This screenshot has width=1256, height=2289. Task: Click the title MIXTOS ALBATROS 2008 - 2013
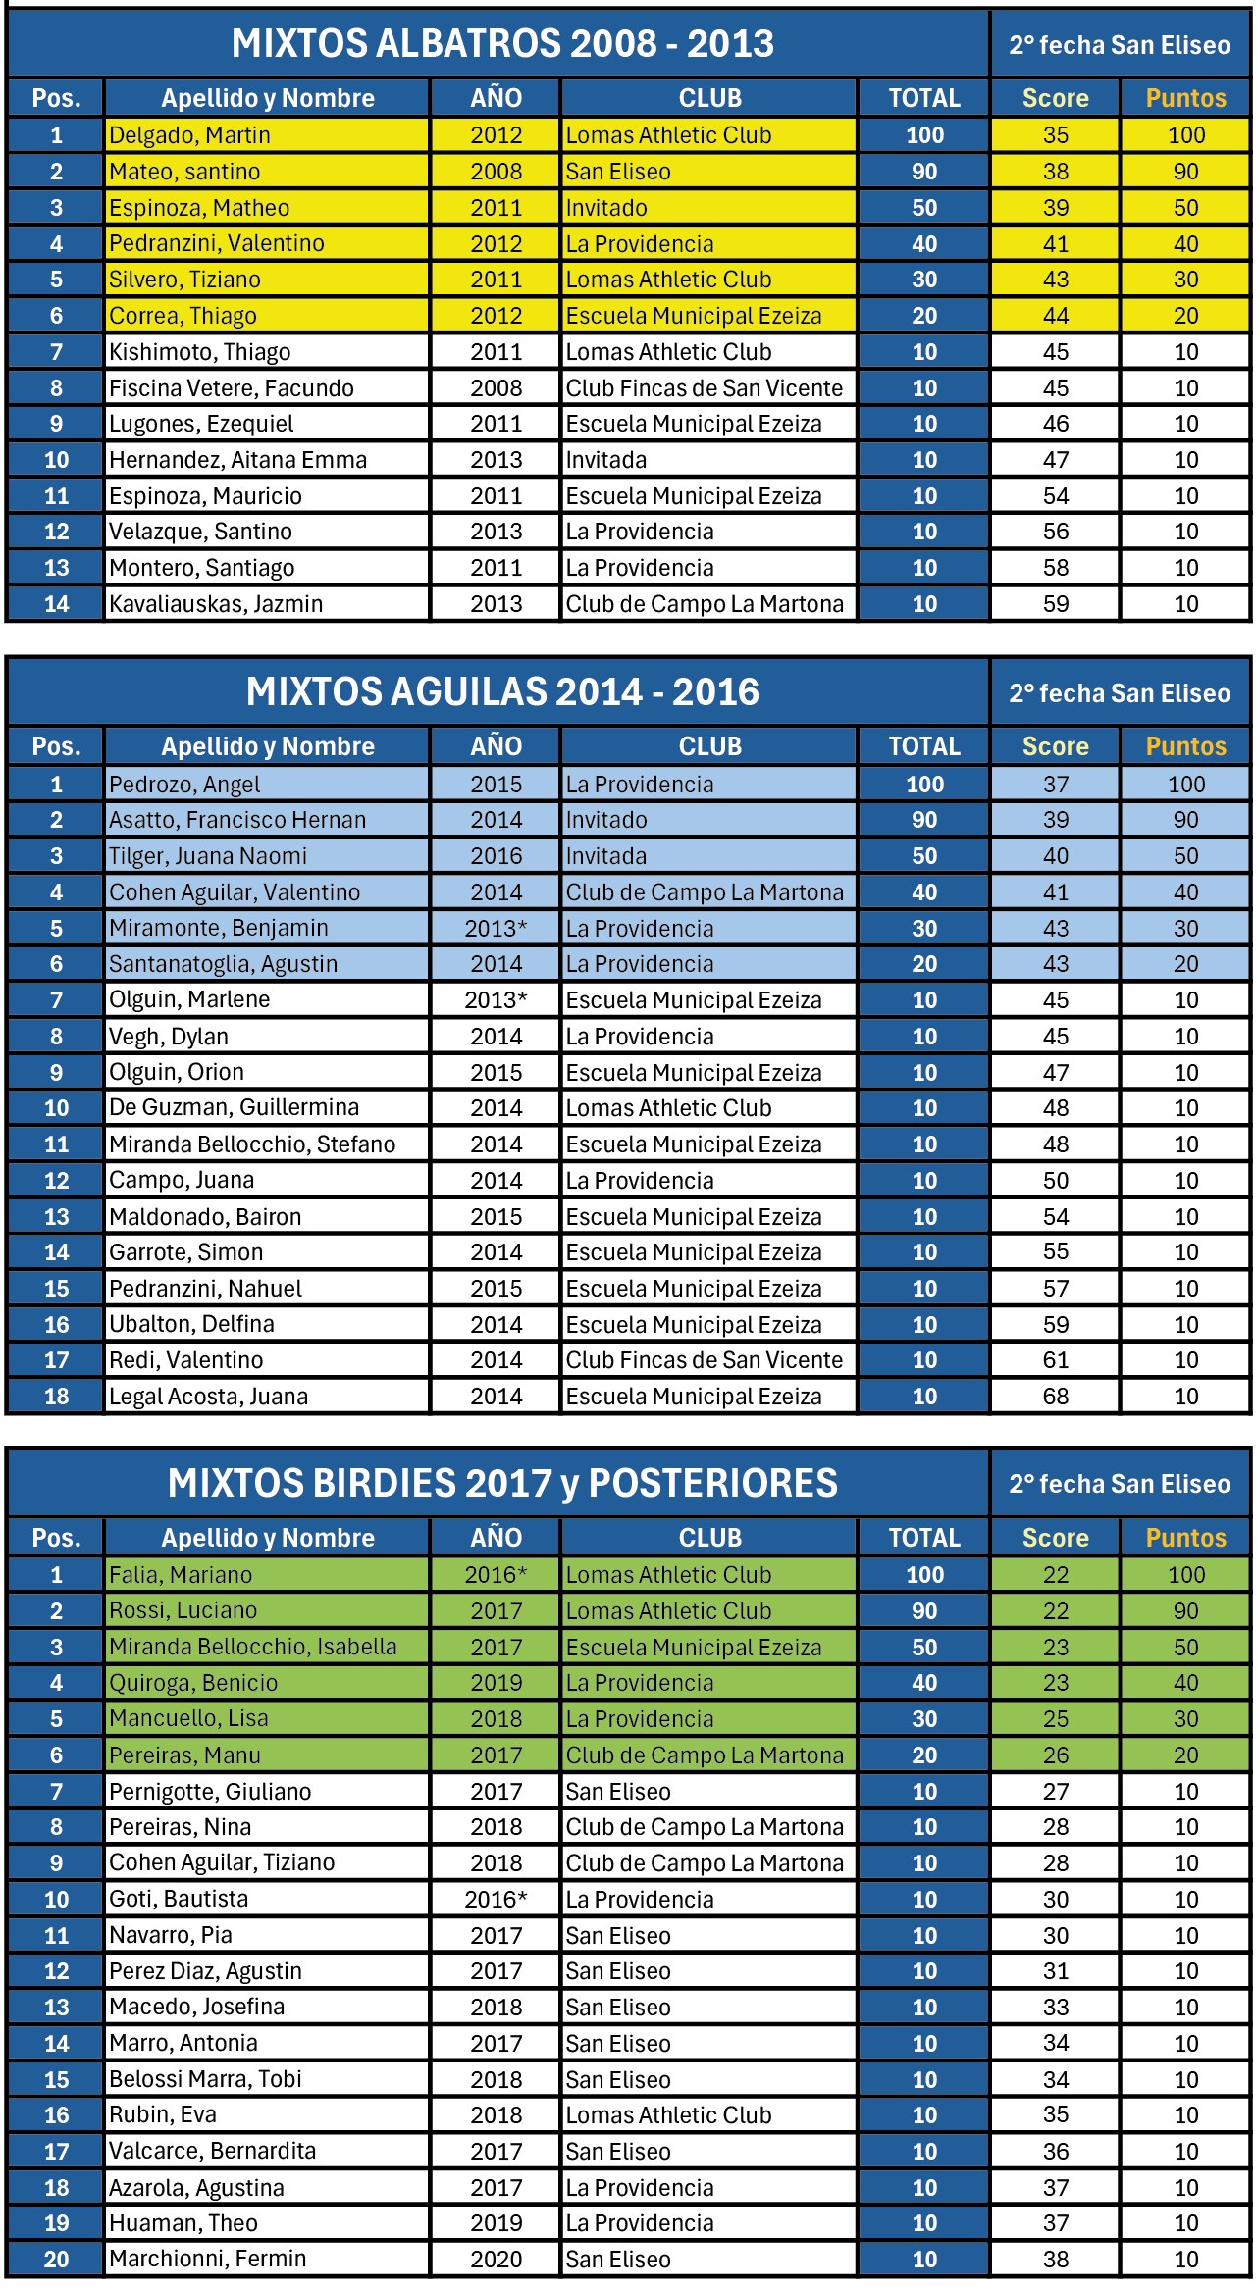[502, 44]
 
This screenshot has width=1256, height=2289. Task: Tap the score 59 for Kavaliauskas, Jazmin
[1055, 604]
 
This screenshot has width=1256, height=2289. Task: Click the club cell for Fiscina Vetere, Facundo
[704, 388]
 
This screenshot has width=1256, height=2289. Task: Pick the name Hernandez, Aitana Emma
[237, 460]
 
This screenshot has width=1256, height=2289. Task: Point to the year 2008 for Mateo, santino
[496, 172]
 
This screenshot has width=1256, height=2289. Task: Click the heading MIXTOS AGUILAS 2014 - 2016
[502, 692]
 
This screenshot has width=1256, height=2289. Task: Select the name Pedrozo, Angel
[184, 785]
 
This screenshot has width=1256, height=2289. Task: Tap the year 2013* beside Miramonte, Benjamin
[496, 929]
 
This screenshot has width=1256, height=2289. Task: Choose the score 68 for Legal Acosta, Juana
[1055, 1397]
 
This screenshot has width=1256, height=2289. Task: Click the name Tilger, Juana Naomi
[208, 856]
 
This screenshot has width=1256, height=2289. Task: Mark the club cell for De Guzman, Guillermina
[668, 1108]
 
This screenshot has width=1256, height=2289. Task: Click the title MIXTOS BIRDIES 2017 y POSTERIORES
[502, 1483]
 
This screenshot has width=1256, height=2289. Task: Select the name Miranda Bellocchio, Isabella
[253, 1647]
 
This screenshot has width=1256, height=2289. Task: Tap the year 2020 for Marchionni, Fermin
[496, 2260]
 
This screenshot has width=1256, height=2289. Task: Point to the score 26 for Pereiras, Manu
[1055, 1755]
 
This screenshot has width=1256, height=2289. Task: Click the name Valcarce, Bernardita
[212, 2152]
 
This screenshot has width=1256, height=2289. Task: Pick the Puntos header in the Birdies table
[1185, 1538]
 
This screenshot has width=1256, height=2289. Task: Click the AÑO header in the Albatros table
[496, 98]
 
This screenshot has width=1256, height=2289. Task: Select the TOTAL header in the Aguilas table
[924, 746]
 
